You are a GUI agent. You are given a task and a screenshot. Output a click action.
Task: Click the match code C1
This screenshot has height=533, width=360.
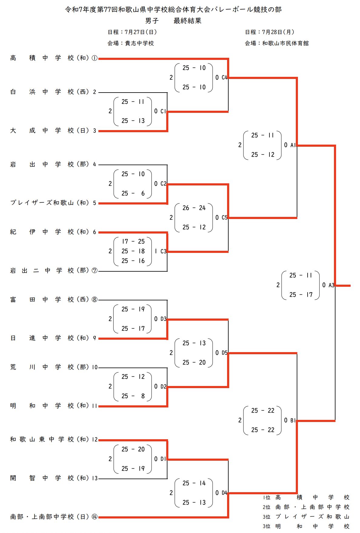pos(163,111)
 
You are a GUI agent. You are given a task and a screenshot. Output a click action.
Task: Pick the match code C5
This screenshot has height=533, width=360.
pos(224,217)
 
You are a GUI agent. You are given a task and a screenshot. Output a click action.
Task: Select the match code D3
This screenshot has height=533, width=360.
pos(163,319)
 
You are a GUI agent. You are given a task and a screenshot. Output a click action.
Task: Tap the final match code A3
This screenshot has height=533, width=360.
pos(331,285)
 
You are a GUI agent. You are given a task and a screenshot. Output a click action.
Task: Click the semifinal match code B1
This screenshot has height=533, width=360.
pos(293,420)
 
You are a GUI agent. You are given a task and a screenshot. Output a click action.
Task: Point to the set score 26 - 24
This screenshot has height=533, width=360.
pos(194,208)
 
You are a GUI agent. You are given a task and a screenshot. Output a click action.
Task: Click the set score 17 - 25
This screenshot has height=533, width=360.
pos(133,241)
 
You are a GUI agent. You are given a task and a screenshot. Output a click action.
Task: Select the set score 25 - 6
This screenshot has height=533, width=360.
pos(133,193)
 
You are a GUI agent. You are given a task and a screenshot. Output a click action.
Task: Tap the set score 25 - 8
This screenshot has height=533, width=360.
pos(133,396)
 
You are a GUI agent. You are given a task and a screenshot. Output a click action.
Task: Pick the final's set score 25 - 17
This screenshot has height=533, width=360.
pos(301,295)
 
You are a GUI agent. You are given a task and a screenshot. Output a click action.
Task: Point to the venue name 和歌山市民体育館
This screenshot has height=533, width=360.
pos(285,43)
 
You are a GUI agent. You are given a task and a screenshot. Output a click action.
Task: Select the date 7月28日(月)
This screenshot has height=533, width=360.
pos(278,32)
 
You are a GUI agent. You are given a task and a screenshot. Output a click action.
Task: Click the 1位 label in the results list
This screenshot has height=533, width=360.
pos(266,497)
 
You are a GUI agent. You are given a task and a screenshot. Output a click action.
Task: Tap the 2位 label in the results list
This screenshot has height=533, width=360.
pos(266,507)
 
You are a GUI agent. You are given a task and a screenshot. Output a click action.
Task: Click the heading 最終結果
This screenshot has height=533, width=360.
pos(187,21)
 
